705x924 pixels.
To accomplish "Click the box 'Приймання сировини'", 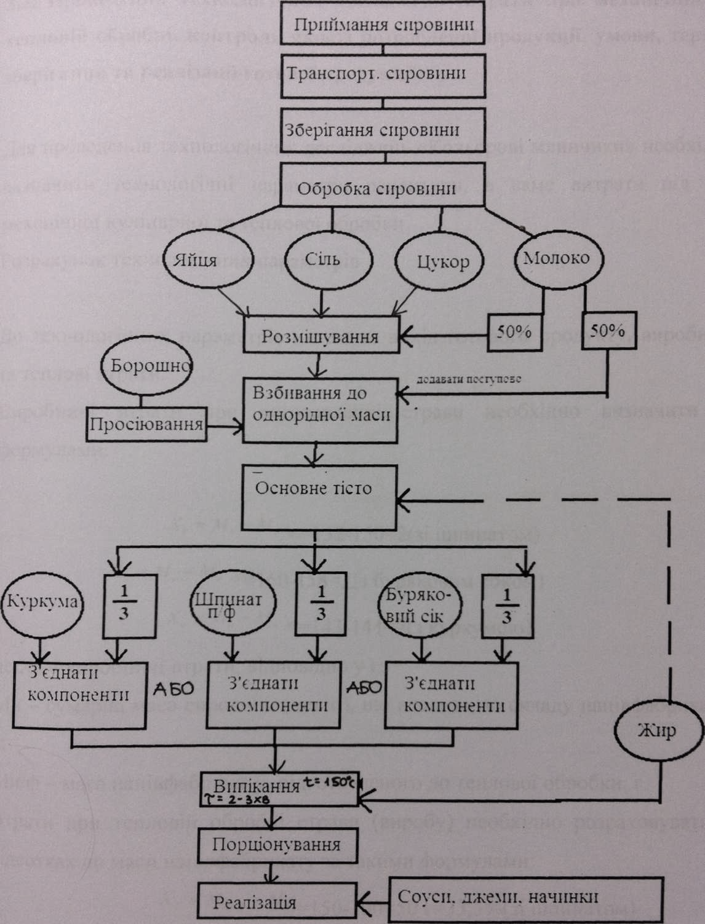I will [x=384, y=26].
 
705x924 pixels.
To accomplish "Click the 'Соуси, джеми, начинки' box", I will [x=498, y=898].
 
